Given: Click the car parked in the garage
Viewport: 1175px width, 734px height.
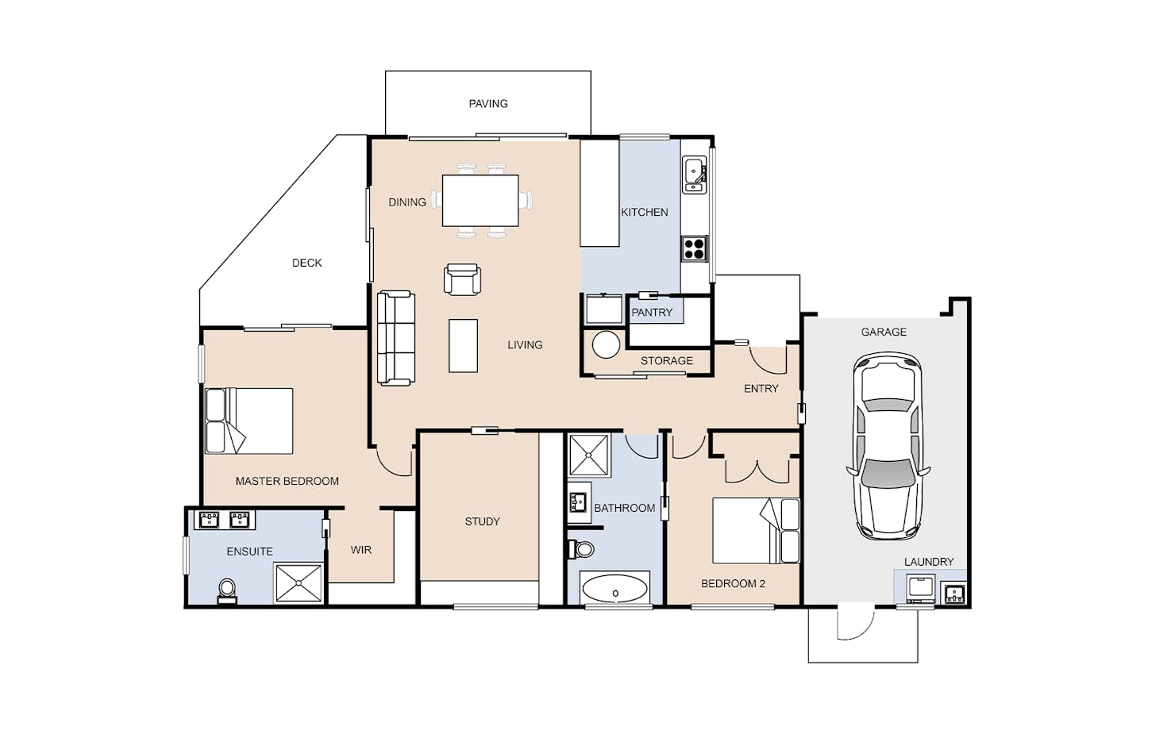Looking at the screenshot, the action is pos(888,446).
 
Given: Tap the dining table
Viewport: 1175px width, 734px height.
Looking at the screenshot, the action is pos(480,201).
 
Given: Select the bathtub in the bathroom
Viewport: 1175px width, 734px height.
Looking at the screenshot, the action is pos(614,589).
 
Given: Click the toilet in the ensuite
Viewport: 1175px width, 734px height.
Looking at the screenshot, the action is pos(227,590).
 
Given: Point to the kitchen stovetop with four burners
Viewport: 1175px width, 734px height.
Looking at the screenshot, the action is pos(695,248).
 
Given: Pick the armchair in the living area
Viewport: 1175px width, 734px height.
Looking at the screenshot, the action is pos(462,279).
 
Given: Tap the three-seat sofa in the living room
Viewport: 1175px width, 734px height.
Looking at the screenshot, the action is pos(396,338).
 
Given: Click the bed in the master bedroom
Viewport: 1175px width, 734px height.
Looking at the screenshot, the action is pos(248,421).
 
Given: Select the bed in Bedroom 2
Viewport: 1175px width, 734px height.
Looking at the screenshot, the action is pos(756,531).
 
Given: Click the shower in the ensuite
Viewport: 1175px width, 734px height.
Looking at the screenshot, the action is pos(299,582).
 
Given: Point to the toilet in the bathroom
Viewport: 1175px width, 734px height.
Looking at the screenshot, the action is pos(581,549).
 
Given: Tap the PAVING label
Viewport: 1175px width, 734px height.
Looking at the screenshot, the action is pos(488,104).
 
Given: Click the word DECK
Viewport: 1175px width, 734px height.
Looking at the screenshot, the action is pos(307,263).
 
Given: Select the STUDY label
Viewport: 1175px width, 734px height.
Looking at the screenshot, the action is pos(482,521).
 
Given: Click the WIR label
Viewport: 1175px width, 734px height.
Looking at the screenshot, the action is pos(361,550).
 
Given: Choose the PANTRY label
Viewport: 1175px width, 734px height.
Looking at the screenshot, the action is pos(652,313).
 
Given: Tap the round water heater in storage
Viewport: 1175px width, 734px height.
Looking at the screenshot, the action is pos(606,344).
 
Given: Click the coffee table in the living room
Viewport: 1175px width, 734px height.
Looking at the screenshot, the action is pos(463,345).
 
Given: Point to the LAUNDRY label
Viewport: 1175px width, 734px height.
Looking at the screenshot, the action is pos(928,562).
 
